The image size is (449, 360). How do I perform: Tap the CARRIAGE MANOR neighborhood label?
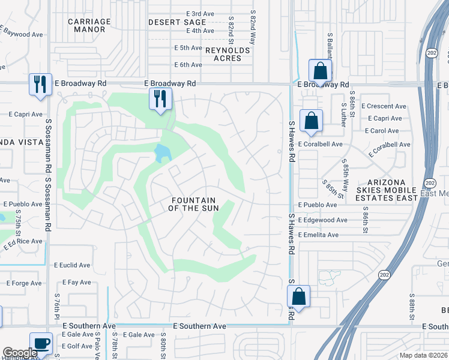tap(89, 25)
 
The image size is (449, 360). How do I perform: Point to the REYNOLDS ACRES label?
tap(228, 54)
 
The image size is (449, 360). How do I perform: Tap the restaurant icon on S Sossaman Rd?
tap(40, 84)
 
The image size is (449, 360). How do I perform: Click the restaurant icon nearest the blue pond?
tap(160, 98)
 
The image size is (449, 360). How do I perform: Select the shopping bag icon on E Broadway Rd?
tap(321, 70)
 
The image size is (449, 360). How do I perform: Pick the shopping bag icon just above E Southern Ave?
tap(298, 296)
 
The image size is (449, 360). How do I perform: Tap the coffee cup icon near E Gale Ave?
tap(41, 344)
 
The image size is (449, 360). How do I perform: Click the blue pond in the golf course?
tap(162, 153)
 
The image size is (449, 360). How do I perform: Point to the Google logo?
tap(19, 353)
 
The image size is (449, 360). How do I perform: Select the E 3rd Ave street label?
tap(200, 13)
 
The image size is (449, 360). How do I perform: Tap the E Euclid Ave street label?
tap(72, 265)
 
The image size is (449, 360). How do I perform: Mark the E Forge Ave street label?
tap(24, 283)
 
